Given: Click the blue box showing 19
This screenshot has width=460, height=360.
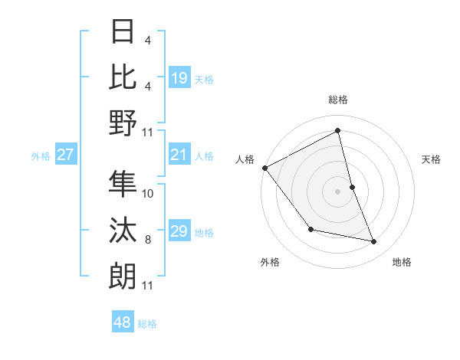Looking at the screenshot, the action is click(179, 77).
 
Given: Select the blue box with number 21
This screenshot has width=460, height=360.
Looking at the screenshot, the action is click(179, 155).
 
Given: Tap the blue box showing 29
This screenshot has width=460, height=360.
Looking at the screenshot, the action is click(179, 231).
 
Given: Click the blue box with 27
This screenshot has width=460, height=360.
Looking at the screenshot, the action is click(66, 155).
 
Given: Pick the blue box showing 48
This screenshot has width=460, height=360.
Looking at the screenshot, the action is click(123, 322).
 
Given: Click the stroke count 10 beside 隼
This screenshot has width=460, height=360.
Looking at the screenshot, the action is click(148, 193).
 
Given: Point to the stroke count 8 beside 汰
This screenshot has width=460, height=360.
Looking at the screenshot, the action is click(148, 240).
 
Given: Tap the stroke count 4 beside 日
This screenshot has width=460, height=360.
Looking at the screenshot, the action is click(148, 39).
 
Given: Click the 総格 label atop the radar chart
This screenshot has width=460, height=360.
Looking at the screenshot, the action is click(337, 100).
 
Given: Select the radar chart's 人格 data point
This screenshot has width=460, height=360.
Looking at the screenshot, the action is click(264, 168).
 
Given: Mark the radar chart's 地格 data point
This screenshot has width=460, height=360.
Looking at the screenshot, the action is click(374, 242).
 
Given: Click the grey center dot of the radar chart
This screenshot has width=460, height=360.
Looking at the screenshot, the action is click(337, 191).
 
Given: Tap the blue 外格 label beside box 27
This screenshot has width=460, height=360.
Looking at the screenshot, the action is click(41, 156).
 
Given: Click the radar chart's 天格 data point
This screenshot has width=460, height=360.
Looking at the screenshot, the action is click(352, 187).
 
